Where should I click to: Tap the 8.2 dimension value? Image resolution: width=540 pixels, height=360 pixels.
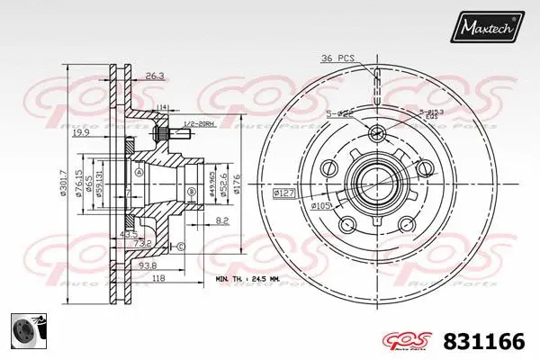pos(222,219)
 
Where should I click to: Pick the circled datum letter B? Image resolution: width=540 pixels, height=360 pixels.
pos(191,193)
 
